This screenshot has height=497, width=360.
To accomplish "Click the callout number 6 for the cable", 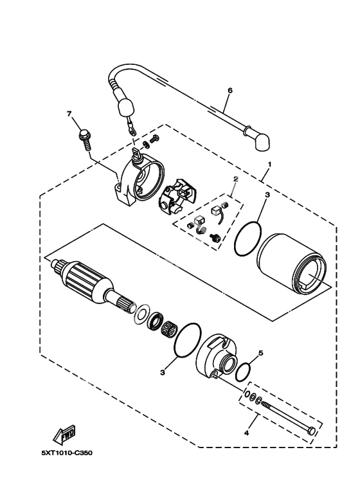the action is (x=230, y=91).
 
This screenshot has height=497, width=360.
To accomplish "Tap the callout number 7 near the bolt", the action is (x=68, y=113).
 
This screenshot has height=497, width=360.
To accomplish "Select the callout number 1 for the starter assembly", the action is (x=270, y=164).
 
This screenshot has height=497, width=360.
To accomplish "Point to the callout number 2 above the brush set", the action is (x=235, y=179).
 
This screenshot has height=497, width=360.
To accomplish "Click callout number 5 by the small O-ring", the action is (x=261, y=353).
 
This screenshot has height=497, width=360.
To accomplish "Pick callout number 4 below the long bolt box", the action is (x=247, y=433).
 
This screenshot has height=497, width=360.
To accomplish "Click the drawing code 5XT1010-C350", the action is (x=67, y=453).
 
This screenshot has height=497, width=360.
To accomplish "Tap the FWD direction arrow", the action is (x=65, y=434).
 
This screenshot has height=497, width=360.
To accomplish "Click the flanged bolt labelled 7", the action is (x=85, y=140).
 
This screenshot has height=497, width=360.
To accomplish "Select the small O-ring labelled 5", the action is (x=244, y=372).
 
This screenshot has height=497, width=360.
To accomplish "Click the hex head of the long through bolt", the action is (x=312, y=431).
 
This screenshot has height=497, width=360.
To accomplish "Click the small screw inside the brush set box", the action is (x=214, y=237).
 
